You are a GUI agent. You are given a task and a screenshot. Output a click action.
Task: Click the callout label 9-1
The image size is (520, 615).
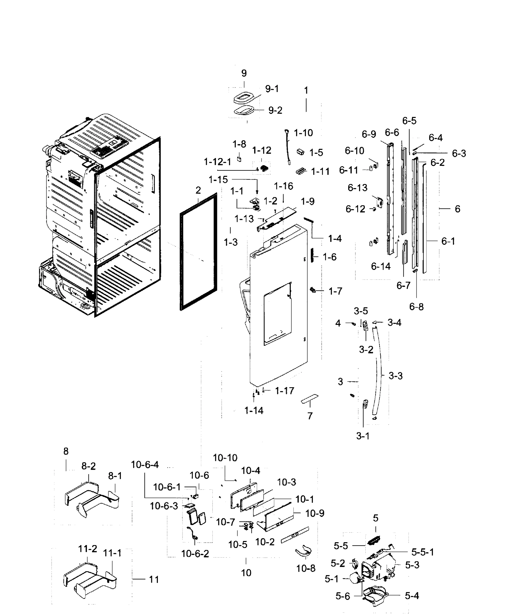272,89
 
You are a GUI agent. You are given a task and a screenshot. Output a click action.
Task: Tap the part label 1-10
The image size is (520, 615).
303,133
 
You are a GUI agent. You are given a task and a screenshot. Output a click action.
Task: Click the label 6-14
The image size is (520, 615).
381,266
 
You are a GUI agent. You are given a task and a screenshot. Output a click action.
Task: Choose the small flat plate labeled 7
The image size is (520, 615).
309,399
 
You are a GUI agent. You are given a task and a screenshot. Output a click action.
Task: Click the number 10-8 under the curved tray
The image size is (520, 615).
306,568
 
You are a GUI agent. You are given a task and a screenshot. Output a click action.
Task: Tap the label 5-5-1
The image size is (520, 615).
422,552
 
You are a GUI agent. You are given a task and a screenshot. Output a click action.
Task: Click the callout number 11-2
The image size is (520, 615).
88,549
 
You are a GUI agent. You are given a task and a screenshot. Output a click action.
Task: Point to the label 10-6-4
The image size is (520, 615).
145,465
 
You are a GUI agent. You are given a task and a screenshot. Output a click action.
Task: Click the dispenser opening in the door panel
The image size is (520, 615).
277,314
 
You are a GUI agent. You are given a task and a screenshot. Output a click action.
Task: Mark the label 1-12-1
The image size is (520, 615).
218,162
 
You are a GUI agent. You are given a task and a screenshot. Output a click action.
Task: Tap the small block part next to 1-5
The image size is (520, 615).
300,152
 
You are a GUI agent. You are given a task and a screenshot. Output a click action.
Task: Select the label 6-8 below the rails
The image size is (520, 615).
416,307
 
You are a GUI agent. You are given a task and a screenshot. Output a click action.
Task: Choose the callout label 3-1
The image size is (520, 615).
363,436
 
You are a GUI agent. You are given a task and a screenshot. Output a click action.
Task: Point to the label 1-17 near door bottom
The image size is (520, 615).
284,391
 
